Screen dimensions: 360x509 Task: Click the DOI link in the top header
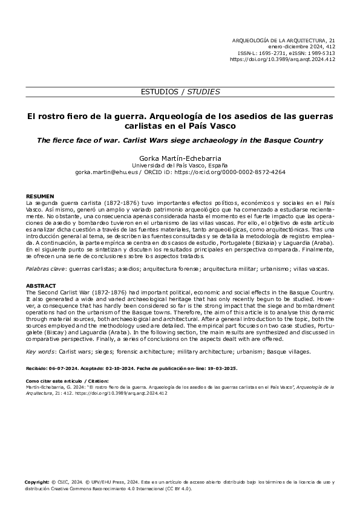click(283, 60)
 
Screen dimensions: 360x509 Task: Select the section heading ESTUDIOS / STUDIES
click(180, 92)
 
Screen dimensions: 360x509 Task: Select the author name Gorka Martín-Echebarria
click(180, 158)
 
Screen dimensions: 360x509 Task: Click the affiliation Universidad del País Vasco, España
click(180, 165)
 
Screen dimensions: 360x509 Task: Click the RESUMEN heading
click(40, 196)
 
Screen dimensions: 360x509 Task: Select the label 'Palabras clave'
click(47, 267)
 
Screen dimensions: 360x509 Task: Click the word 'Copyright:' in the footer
click(37, 482)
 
